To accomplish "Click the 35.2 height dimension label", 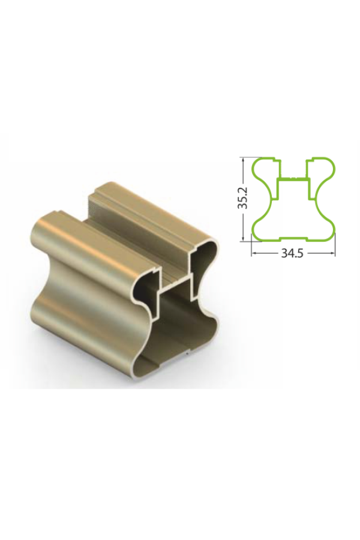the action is point(244,199).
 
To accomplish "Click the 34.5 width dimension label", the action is point(292,253).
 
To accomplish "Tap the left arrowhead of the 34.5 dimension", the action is point(254,253).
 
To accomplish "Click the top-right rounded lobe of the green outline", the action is point(325,169).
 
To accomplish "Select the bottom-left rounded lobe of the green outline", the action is point(261,230).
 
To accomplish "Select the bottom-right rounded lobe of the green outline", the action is point(326,230).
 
